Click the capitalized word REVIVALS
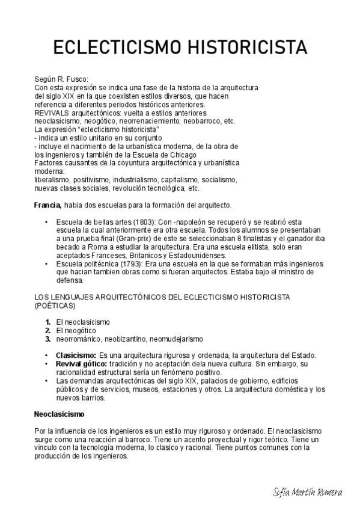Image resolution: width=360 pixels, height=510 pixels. tap(52, 112)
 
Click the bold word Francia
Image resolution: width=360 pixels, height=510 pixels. tap(47, 205)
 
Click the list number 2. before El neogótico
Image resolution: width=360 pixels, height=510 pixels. tap(47, 330)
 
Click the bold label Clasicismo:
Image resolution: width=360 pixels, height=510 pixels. tap(76, 355)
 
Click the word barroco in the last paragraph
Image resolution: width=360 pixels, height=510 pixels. tap(123, 439)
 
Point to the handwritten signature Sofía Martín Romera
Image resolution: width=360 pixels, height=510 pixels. tap(305, 492)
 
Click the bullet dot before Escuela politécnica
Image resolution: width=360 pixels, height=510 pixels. tap(46, 263)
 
